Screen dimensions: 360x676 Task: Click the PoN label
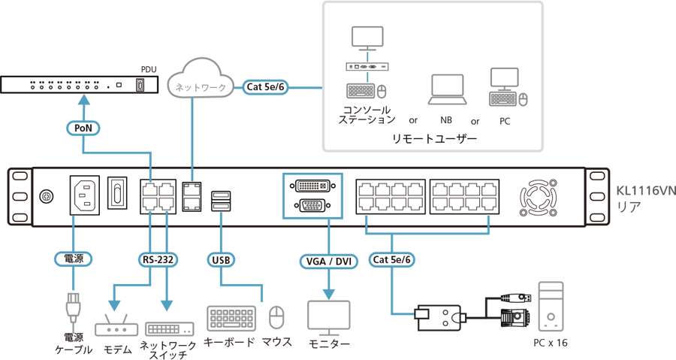(83, 129)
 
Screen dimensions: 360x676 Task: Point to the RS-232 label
(158, 260)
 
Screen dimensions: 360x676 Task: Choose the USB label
(221, 260)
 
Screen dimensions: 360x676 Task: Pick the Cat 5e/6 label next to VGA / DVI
(392, 260)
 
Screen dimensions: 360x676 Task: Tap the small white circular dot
(517, 316)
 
